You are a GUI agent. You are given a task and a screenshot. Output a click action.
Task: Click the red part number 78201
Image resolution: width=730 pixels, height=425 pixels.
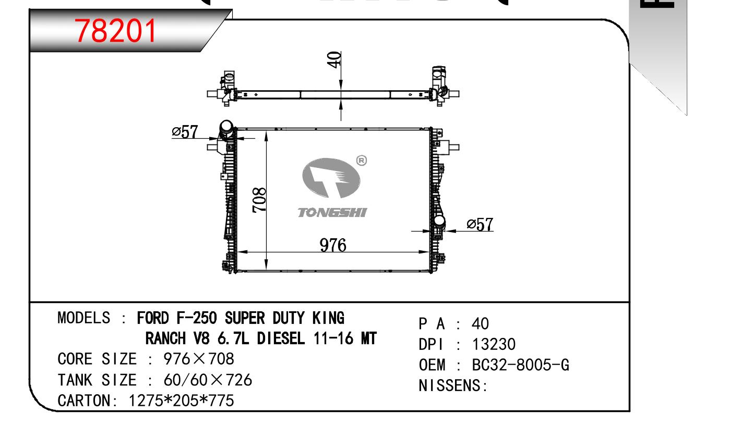coord(115,31)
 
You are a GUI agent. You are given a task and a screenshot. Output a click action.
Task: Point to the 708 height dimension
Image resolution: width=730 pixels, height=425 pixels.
coord(259,200)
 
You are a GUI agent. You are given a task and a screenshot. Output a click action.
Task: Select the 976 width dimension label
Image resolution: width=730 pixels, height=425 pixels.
coord(333,245)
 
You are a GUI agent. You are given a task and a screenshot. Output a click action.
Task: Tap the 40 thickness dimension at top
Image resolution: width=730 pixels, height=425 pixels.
coord(334,59)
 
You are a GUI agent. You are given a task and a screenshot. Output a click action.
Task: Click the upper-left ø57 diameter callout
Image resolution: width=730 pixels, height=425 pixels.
coord(185,132)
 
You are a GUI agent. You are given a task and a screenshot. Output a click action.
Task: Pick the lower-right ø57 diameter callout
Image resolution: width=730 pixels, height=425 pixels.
coord(480,224)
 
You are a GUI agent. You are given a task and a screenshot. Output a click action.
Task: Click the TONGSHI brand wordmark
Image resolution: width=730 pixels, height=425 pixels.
coord(332,213)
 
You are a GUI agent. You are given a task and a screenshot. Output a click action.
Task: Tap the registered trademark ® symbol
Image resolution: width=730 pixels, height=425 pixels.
coord(362,161)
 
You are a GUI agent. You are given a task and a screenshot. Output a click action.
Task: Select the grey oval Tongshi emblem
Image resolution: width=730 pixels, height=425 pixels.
coord(331,178)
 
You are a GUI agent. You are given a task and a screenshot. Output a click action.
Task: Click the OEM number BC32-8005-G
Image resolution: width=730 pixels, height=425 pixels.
coord(520,365)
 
